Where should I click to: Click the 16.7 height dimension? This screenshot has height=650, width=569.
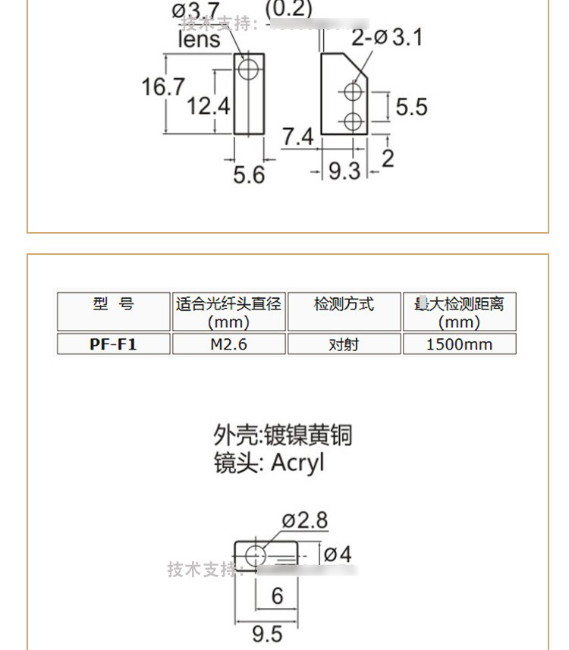pos(162,86)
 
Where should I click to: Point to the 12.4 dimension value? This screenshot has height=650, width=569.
pos(208,106)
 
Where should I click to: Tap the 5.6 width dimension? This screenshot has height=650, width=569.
pos(249,175)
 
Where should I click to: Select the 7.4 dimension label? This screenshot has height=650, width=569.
pos(297,137)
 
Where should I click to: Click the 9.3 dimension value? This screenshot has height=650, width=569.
pos(344,171)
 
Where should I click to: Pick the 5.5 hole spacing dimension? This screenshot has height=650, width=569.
pos(411,107)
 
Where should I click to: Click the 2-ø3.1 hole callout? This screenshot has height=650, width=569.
pos(386,37)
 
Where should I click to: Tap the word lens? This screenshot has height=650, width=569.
pos(199,39)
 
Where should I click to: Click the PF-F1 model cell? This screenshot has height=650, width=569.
pos(113,344)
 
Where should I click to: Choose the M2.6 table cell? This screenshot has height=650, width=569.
pos(229,344)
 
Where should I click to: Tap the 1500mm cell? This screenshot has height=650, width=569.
pos(459,344)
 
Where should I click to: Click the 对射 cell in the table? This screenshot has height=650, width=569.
pos(344,344)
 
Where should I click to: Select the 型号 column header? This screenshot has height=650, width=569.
pos(113,304)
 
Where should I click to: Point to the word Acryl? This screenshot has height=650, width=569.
pos(297,462)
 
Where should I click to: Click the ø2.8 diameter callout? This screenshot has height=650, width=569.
pos(305,520)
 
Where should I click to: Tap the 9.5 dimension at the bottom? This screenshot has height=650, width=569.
pos(266,633)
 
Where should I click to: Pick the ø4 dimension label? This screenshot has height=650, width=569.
pos(338,554)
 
